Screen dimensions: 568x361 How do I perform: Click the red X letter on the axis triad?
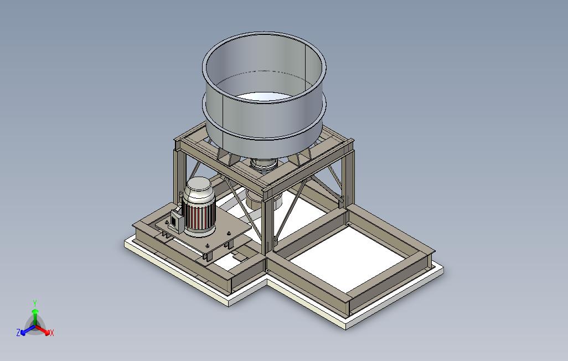pos(52,332)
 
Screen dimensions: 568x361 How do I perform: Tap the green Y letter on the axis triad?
pos(35,303)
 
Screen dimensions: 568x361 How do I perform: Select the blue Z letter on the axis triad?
pos(18,332)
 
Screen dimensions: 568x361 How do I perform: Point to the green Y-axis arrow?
pos(35,317)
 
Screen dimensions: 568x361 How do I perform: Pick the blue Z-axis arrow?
pos(28,329)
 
